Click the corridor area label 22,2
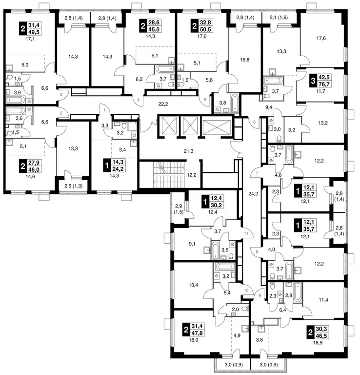click(163, 104)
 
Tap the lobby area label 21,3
click(188, 151)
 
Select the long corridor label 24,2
click(253, 194)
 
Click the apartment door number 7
click(257, 173)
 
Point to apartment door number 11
click(246, 233)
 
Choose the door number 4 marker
click(138, 100)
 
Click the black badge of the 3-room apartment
click(313, 81)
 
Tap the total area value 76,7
click(324, 84)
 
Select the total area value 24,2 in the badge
click(118, 169)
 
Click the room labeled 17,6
click(321, 38)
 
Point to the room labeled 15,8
click(244, 60)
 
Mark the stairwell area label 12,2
click(192, 175)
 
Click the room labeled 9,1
click(192, 244)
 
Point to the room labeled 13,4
click(193, 285)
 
